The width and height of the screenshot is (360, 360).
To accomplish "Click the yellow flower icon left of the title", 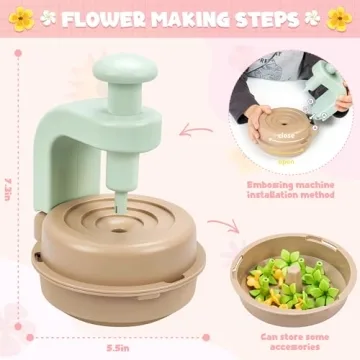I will [x=21, y=19].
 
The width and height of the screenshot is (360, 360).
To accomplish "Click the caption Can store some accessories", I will [x=290, y=342].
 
